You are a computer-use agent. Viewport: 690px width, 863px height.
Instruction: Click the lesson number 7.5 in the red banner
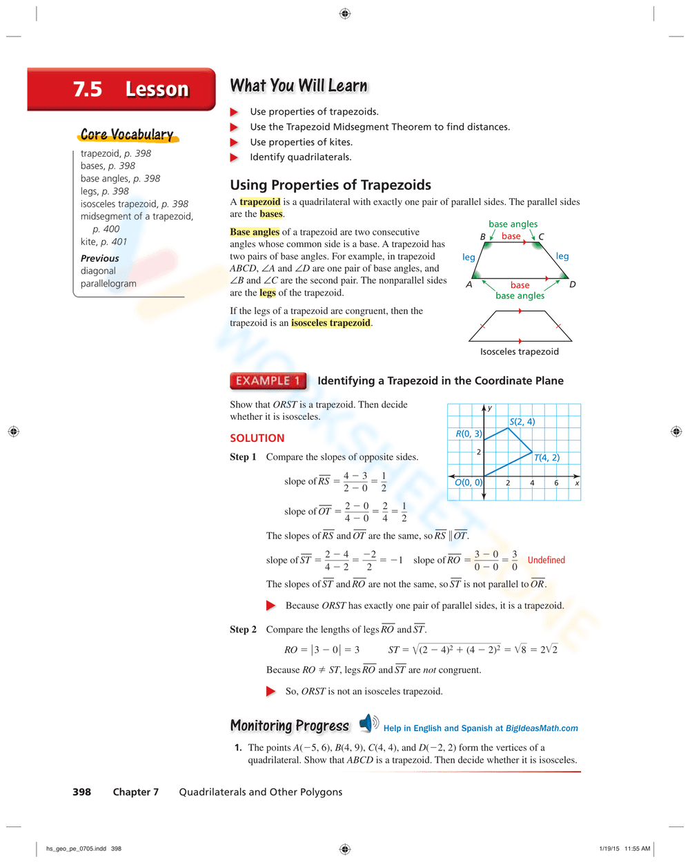tap(88, 90)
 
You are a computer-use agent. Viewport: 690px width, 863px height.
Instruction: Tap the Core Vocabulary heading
tap(127, 135)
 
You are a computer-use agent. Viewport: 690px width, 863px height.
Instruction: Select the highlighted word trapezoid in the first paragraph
tap(260, 202)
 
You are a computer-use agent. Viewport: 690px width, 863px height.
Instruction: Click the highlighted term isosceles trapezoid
tap(331, 323)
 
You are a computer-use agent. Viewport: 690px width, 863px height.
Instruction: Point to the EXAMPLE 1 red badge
tap(268, 381)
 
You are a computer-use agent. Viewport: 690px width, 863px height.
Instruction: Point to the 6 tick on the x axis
tap(556, 483)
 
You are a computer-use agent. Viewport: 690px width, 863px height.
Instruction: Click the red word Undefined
tap(546, 560)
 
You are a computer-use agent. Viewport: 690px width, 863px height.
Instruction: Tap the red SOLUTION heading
tap(257, 438)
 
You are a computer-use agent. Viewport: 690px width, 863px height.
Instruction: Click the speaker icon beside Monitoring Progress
tap(368, 723)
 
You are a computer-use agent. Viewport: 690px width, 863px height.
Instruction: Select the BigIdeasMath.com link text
tap(542, 728)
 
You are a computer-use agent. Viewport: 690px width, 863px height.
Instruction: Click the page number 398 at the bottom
tap(81, 792)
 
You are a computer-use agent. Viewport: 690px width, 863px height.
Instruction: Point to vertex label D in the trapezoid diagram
tap(572, 284)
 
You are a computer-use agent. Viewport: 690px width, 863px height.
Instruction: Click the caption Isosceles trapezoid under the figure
tap(520, 351)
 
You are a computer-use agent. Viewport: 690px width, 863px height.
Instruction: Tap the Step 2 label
tap(243, 630)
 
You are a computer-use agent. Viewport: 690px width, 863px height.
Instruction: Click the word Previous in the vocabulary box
tap(99, 258)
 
